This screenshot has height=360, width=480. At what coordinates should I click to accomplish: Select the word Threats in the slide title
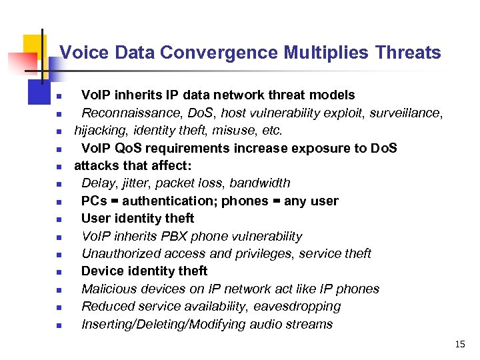click(x=408, y=53)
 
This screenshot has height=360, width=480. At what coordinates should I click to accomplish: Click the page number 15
click(x=459, y=345)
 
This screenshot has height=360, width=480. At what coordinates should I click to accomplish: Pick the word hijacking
click(x=97, y=131)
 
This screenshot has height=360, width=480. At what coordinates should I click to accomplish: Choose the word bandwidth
click(x=260, y=183)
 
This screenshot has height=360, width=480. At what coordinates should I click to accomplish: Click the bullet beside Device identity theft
click(x=59, y=272)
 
